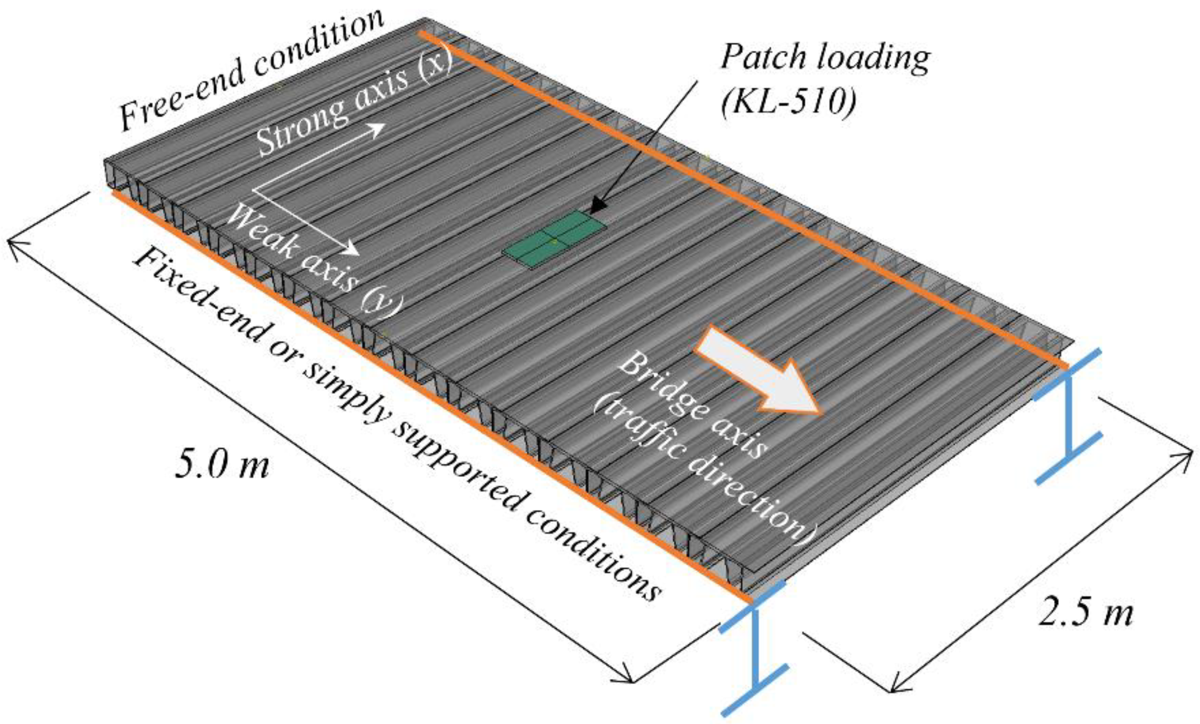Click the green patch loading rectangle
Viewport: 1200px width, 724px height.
(x=554, y=240)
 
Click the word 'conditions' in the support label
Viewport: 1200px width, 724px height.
(x=592, y=557)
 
